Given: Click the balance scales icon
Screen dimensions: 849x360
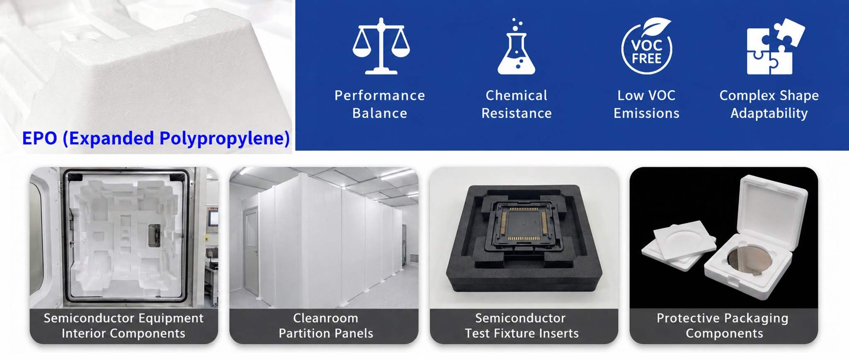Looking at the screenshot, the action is coord(381,46).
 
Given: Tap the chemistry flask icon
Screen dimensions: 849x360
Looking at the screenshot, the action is coord(516,46).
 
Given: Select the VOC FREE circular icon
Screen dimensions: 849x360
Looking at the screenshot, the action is coord(647,46).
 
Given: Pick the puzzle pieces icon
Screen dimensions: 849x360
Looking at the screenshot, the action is coord(776,46).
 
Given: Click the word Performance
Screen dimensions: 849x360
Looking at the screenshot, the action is coord(380,95).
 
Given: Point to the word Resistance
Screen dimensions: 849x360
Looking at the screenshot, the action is coord(517,113).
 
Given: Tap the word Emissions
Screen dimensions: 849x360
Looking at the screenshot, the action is coord(647,113).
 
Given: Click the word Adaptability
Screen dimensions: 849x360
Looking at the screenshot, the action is coord(769,114).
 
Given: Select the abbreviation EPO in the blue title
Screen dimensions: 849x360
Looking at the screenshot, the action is coord(39,138).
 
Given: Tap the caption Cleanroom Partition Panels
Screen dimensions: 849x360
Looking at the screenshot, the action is coord(326,326).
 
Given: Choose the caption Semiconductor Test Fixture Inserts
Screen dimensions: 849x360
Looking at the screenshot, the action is coord(522,326).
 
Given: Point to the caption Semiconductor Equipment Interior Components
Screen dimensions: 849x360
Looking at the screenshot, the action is coord(124,326).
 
